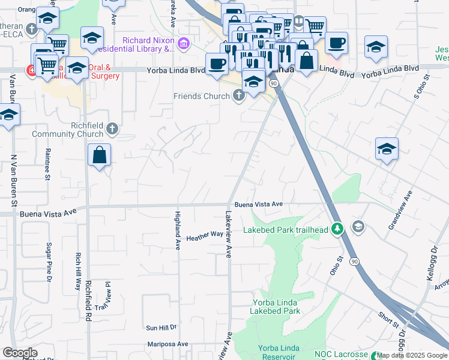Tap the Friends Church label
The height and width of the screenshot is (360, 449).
pyautogui.click(x=202, y=96)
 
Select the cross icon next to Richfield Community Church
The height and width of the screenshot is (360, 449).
pyautogui.click(x=112, y=128)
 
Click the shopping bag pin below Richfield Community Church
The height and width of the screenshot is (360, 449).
pyautogui.click(x=100, y=155)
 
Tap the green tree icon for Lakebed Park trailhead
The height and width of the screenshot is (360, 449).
pyautogui.click(x=338, y=229)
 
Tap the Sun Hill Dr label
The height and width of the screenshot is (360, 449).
pyautogui.click(x=161, y=328)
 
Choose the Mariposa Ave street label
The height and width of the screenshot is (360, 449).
pyautogui.click(x=168, y=344)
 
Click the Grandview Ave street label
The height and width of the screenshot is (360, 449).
pyautogui.click(x=401, y=210)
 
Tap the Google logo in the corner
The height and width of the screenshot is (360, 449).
pyautogui.click(x=20, y=353)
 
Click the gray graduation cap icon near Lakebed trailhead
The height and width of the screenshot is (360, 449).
pyautogui.click(x=358, y=226)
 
